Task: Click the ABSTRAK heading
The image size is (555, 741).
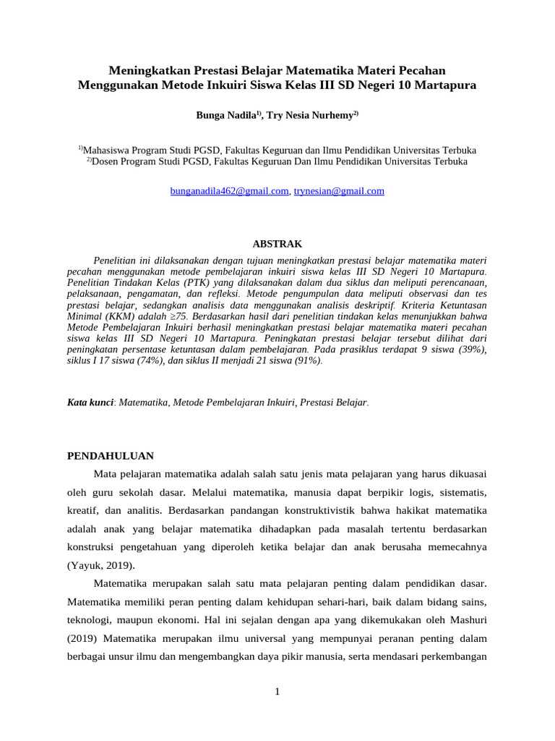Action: [277, 244]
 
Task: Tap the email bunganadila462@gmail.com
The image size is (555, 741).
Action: [229, 191]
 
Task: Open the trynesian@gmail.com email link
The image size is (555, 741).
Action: [339, 191]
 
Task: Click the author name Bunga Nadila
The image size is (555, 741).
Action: [225, 115]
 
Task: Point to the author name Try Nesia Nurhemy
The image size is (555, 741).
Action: [309, 115]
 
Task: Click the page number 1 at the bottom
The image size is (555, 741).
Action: [277, 691]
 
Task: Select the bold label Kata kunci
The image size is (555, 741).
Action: [90, 401]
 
